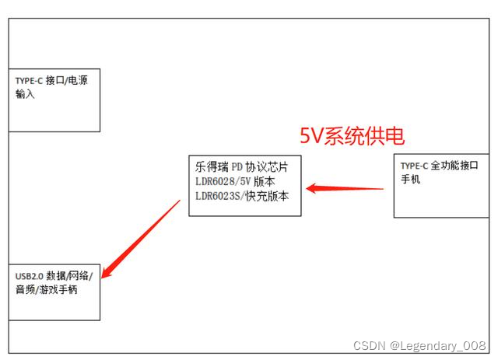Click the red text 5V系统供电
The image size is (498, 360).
pyautogui.click(x=352, y=136)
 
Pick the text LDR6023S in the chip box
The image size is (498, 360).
pyautogui.click(x=219, y=197)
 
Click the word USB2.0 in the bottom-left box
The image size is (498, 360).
pyautogui.click(x=30, y=276)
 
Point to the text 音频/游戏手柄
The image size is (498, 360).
pyautogui.click(x=46, y=290)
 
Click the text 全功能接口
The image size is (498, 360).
pyautogui.click(x=452, y=166)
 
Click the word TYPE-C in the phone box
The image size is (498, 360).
pyautogui.click(x=415, y=166)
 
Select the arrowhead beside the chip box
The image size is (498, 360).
pyautogui.click(x=311, y=187)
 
